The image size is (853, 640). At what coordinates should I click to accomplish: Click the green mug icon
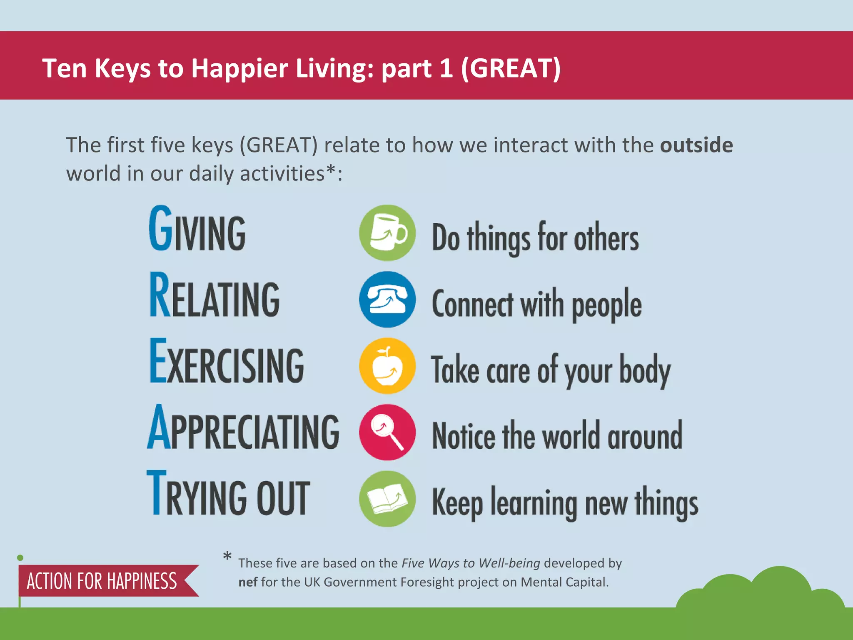[x=387, y=233]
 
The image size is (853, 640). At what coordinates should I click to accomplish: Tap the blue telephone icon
[x=387, y=299]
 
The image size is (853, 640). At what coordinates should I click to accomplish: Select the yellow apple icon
[x=387, y=366]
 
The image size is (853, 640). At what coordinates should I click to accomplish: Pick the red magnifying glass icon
[x=387, y=432]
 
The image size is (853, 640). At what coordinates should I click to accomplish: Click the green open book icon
[x=387, y=499]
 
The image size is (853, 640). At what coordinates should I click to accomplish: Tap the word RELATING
[x=214, y=295]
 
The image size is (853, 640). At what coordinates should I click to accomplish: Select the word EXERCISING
[x=227, y=361]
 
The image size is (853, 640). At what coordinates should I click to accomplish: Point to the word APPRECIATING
[x=243, y=428]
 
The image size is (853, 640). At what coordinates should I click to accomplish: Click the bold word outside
[x=696, y=145]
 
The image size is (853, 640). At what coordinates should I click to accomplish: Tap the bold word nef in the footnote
[x=248, y=582]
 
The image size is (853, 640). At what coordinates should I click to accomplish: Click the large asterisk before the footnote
[x=227, y=556]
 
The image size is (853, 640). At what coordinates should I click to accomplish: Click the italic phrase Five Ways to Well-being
[x=471, y=563]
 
